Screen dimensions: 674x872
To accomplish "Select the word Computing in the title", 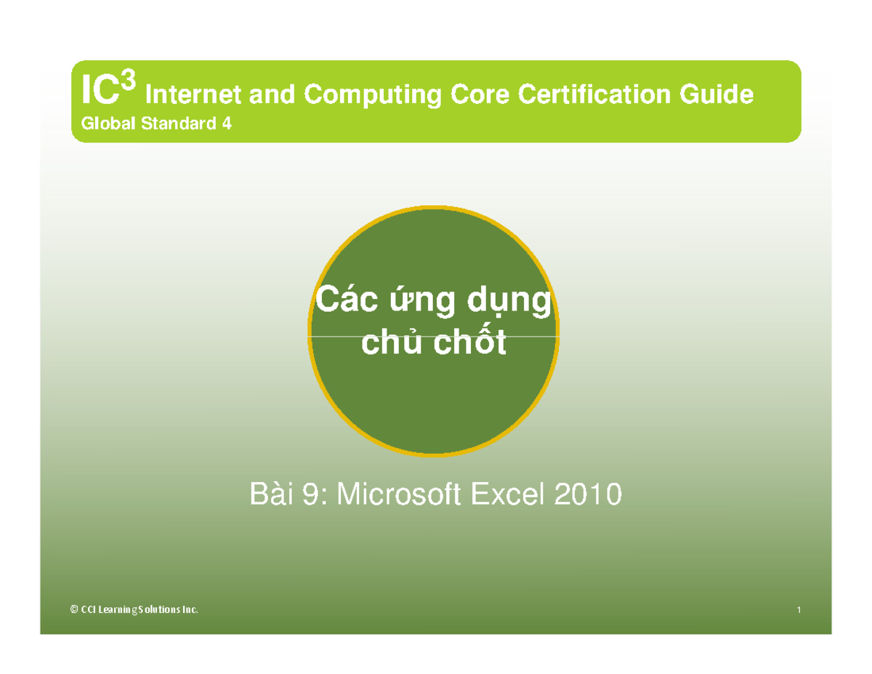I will point(371,96).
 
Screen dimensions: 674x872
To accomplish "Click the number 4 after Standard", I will point(227,124).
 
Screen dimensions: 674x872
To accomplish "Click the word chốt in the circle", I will point(469,344).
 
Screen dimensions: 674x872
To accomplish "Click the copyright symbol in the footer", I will point(73,610).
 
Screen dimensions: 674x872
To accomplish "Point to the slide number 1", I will point(798,610).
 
